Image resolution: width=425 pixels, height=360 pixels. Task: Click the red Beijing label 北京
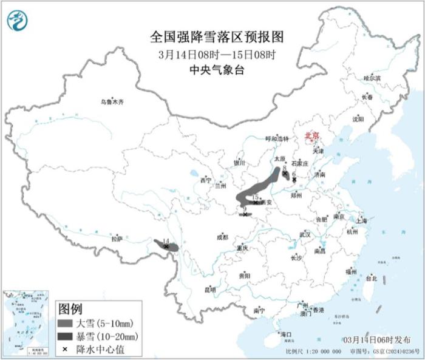[x=311, y=135]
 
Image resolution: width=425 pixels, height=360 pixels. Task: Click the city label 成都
[x=222, y=237]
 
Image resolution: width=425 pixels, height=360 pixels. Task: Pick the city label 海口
[x=285, y=335]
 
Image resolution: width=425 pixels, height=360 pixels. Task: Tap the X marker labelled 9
[x=244, y=214]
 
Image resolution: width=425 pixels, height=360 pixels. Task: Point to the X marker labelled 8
[x=284, y=174]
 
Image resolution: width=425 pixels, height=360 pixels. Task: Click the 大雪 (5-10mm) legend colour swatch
[x=66, y=323]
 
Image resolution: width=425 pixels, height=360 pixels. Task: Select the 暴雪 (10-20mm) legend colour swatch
[x=66, y=336]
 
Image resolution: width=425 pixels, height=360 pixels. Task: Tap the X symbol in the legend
[x=65, y=349]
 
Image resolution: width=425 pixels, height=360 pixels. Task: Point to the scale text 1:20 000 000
[x=322, y=352]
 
